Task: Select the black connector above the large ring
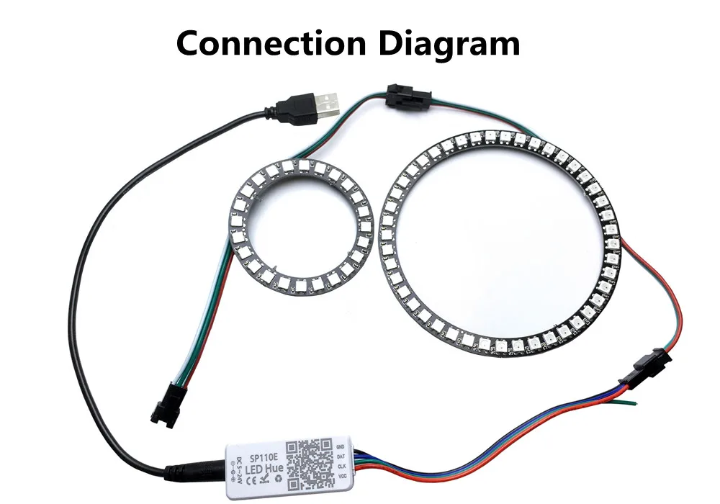point(403,95)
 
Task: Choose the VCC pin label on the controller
point(343,476)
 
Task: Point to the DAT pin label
point(343,456)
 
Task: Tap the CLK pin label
point(343,466)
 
